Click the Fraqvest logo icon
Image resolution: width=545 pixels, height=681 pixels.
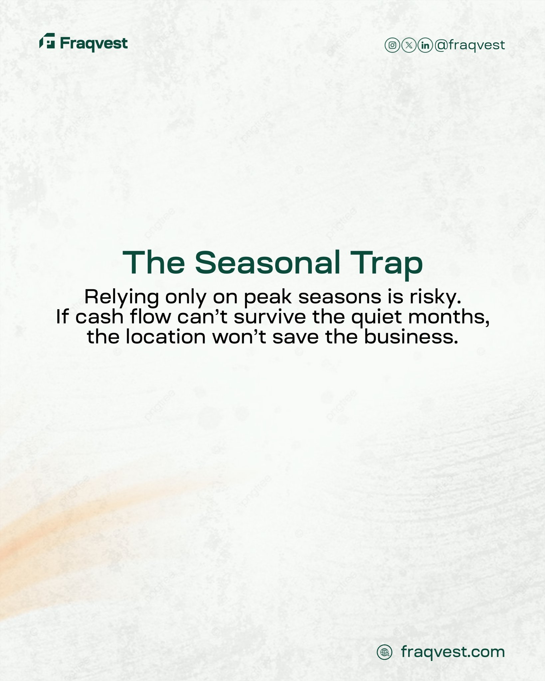47,41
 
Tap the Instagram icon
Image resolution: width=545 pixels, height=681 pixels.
392,45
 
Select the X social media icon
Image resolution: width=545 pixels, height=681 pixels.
409,45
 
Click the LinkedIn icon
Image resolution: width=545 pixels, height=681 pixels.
425,45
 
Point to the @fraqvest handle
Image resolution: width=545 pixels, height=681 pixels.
470,45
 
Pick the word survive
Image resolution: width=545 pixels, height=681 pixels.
270,317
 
